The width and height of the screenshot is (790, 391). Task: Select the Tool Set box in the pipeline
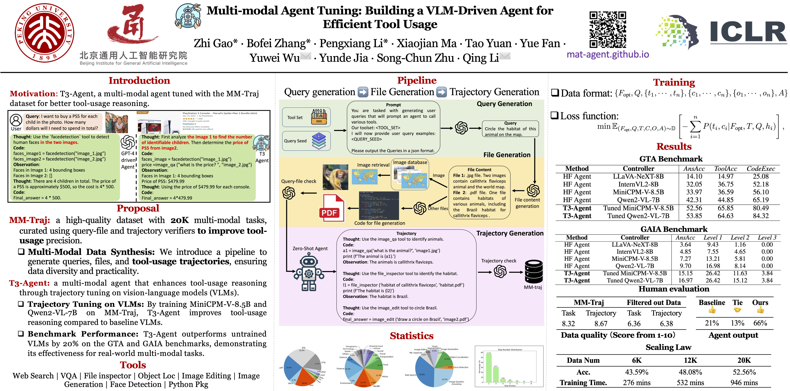(306, 117)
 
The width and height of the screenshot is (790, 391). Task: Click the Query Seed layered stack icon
(319, 141)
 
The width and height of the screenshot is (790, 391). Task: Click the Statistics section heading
(412, 336)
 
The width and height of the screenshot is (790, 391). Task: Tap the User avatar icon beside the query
(16, 120)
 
